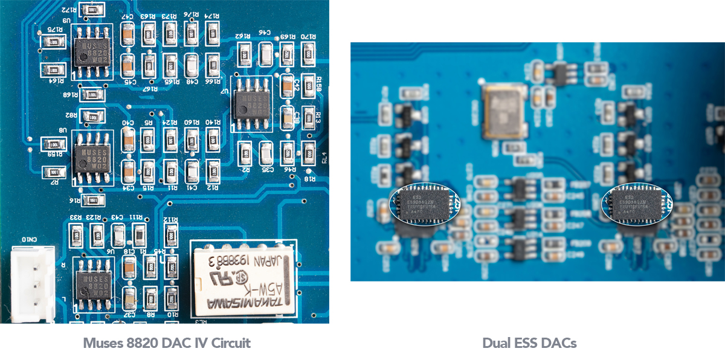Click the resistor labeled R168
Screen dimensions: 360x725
click(91, 95)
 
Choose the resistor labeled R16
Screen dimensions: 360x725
click(91, 200)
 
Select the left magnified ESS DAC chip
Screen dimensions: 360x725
click(423, 202)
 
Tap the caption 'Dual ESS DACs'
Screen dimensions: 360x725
click(529, 343)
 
